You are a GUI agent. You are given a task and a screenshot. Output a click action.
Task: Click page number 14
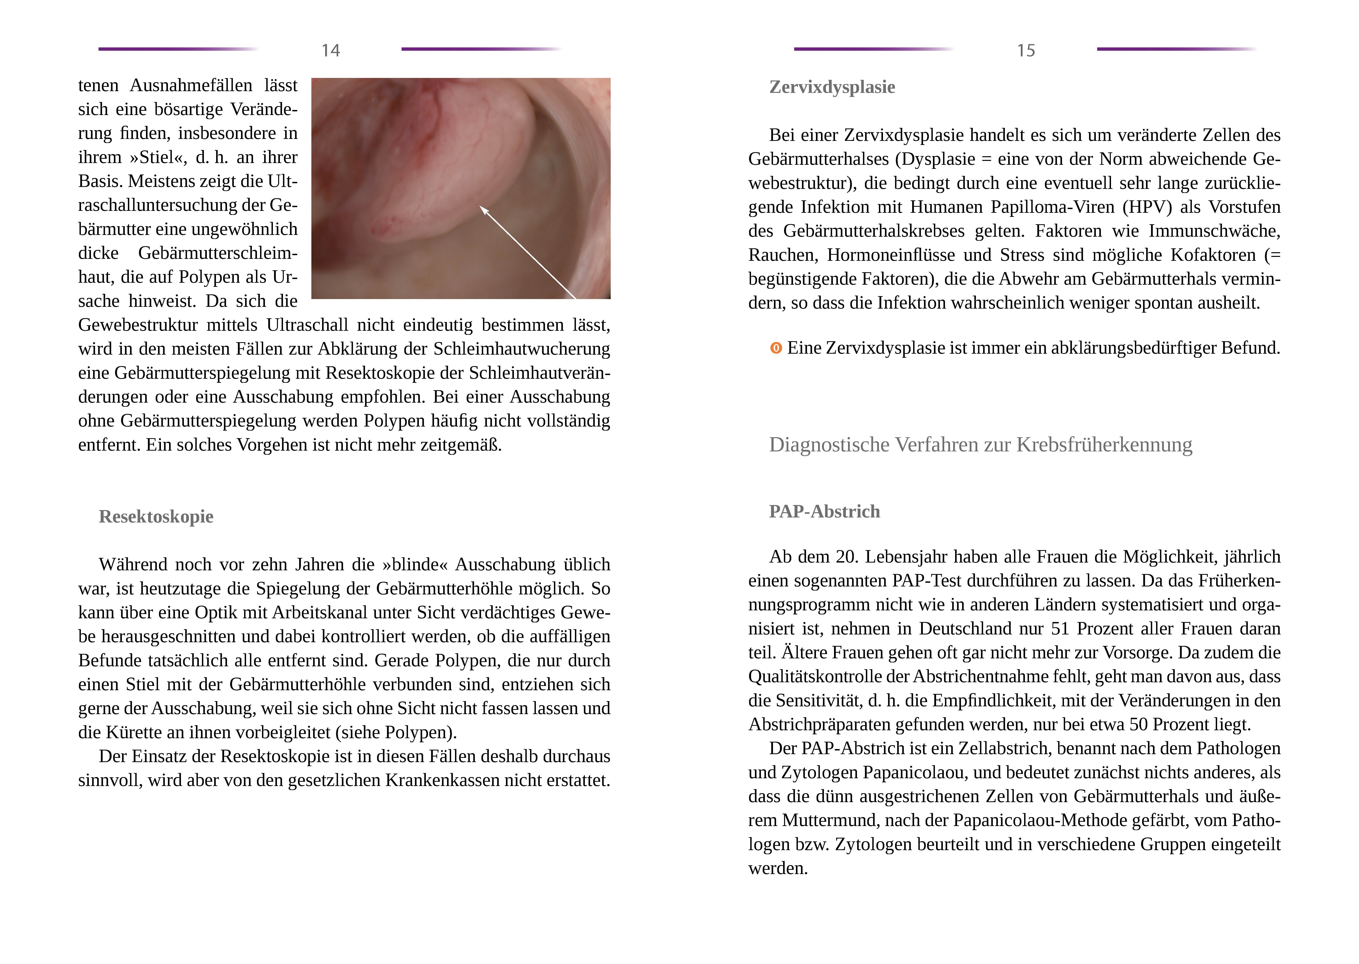[331, 51]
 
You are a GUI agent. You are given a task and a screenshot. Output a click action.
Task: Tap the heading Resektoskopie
[156, 516]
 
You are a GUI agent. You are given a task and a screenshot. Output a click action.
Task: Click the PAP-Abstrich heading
[824, 512]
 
